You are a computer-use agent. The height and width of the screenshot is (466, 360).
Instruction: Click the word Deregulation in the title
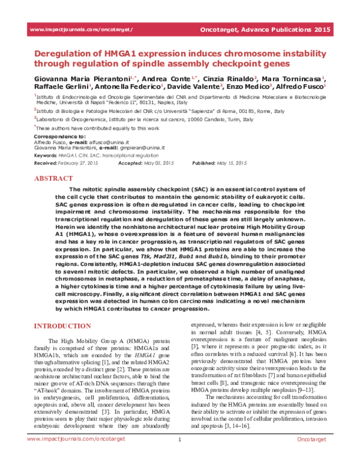(68, 52)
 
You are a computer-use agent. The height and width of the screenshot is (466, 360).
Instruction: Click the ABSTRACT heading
(54, 178)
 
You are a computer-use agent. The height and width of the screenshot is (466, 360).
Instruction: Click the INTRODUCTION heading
(60, 325)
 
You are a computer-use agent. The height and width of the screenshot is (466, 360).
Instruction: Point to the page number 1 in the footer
(179, 457)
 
